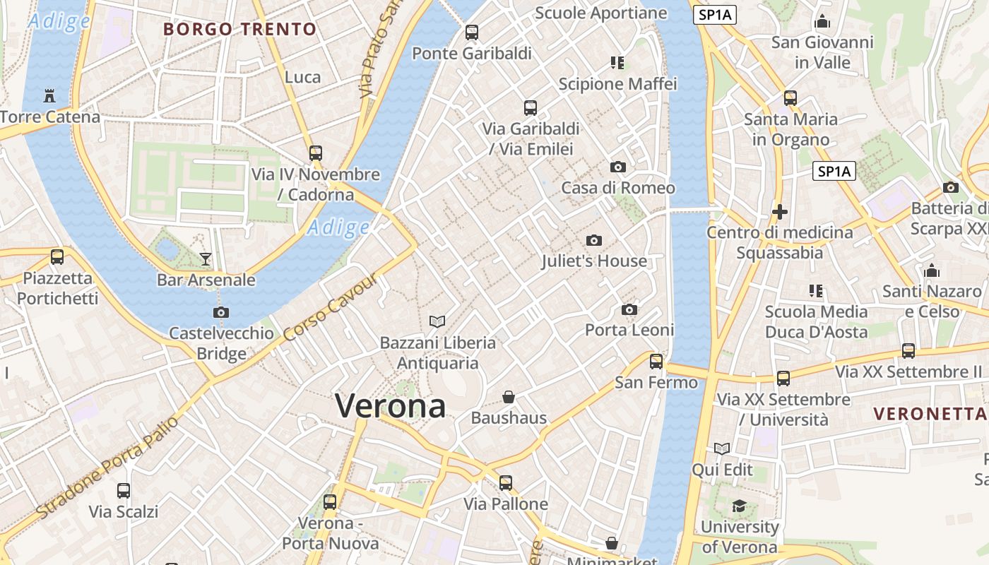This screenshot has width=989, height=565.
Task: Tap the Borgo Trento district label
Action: tap(239, 30)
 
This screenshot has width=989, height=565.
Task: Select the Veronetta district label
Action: tap(930, 414)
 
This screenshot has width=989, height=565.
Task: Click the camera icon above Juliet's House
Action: tap(594, 241)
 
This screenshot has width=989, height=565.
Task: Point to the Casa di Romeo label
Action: tap(617, 188)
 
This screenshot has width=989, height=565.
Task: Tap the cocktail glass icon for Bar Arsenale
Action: tap(205, 259)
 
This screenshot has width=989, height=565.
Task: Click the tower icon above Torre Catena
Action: tap(49, 95)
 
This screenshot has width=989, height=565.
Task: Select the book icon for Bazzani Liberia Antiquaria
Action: tap(437, 322)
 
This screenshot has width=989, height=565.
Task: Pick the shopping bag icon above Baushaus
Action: tap(508, 397)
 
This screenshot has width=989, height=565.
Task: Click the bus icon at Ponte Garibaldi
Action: tap(471, 32)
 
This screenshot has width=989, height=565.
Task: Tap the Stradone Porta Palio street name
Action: tap(106, 467)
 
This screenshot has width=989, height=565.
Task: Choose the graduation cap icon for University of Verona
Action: tap(739, 506)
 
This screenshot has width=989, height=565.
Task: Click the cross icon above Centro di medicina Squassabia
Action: tap(780, 211)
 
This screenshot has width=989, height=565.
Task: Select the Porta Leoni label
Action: tap(629, 330)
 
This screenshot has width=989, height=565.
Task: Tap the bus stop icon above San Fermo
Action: tap(656, 362)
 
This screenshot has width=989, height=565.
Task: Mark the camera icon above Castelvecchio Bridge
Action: tap(221, 312)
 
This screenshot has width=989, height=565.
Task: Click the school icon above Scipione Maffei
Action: tap(617, 64)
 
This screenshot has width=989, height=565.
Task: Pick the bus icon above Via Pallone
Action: tap(506, 483)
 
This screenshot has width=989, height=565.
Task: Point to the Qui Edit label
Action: tap(722, 470)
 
